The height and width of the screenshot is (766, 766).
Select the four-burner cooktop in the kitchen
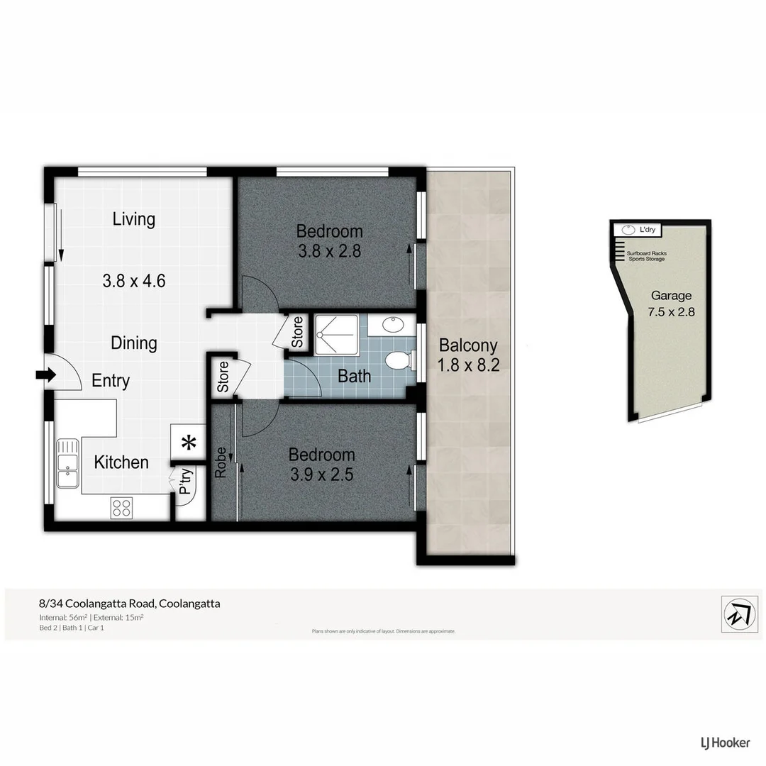pos(121,508)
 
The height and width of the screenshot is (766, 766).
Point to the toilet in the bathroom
pos(399,360)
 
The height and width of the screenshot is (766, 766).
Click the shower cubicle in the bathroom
pos(336,333)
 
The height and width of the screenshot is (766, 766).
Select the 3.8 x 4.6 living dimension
pos(134,281)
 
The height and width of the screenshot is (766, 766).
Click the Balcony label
pos(468,346)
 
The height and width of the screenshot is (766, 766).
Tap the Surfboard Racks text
pos(646,253)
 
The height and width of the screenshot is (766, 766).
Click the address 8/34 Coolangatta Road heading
pos(129,604)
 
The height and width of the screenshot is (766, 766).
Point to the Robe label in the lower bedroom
pos(221,462)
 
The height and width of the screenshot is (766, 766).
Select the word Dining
pos(134,343)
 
